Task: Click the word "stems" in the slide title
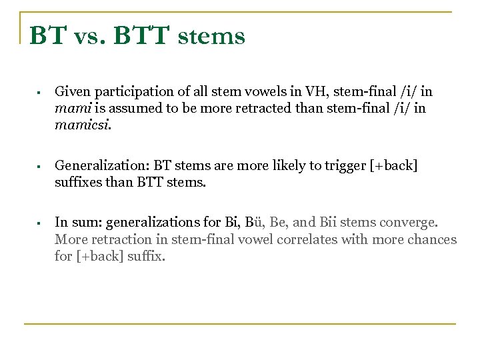(211, 36)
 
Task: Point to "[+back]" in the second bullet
(393, 165)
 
